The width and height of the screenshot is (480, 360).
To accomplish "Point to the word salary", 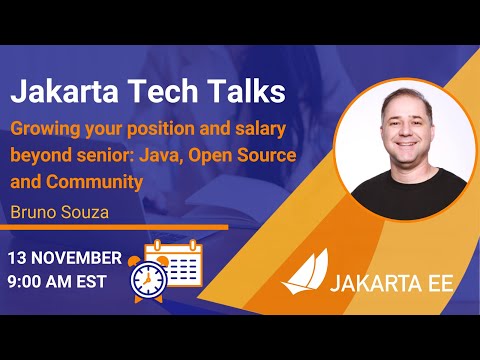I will click(x=257, y=129).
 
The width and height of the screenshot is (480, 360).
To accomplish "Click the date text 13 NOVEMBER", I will click(x=65, y=258).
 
